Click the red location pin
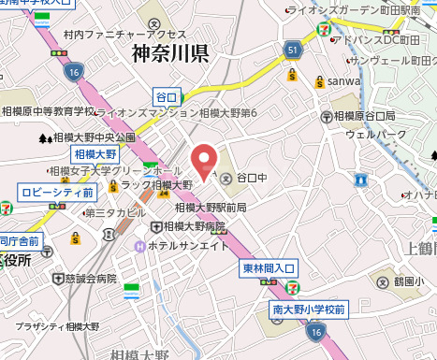pyautogui.click(x=203, y=160)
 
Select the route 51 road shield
pyautogui.click(x=293, y=49)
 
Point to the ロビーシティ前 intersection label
pyautogui.click(x=56, y=192)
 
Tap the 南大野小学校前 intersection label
pyautogui.click(x=309, y=309)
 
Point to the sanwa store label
pyautogui.click(x=343, y=81)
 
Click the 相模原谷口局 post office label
pyautogui.click(x=365, y=117)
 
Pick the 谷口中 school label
pyautogui.click(x=251, y=176)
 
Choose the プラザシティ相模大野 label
pyautogui.click(x=57, y=326)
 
